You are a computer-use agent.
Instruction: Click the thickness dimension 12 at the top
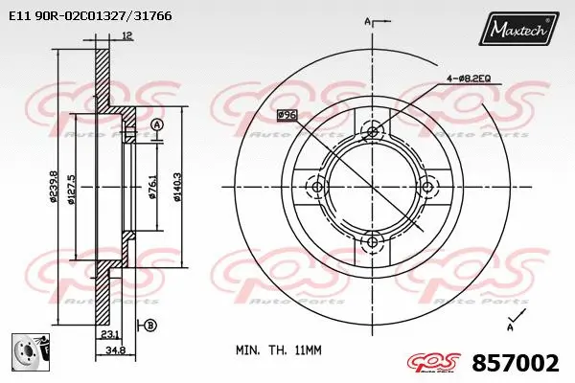[x=127, y=36]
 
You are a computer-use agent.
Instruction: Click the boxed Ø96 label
[x=286, y=116]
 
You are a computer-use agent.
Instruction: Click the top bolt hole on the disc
[x=371, y=134]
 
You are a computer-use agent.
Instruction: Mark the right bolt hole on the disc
[x=425, y=187]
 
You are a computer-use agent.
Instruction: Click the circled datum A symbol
[x=156, y=124]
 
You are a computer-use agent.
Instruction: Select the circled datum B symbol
[x=150, y=327]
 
